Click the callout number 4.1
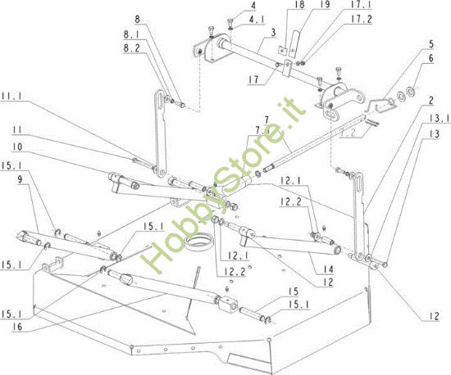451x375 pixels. [x=235, y=19]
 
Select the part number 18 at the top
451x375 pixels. [x=277, y=5]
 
